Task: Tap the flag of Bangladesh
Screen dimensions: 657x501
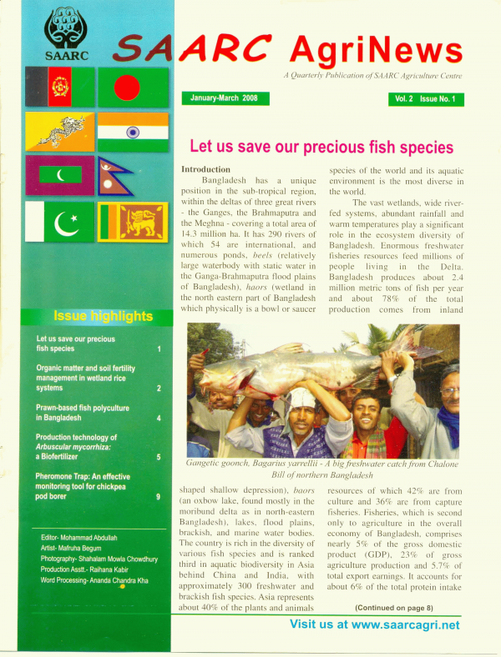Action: point(133,86)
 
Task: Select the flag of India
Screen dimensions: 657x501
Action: point(133,132)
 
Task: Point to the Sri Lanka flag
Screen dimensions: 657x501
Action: point(133,221)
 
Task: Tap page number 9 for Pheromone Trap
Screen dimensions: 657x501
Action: point(158,497)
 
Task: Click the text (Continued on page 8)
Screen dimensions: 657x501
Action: point(393,631)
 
